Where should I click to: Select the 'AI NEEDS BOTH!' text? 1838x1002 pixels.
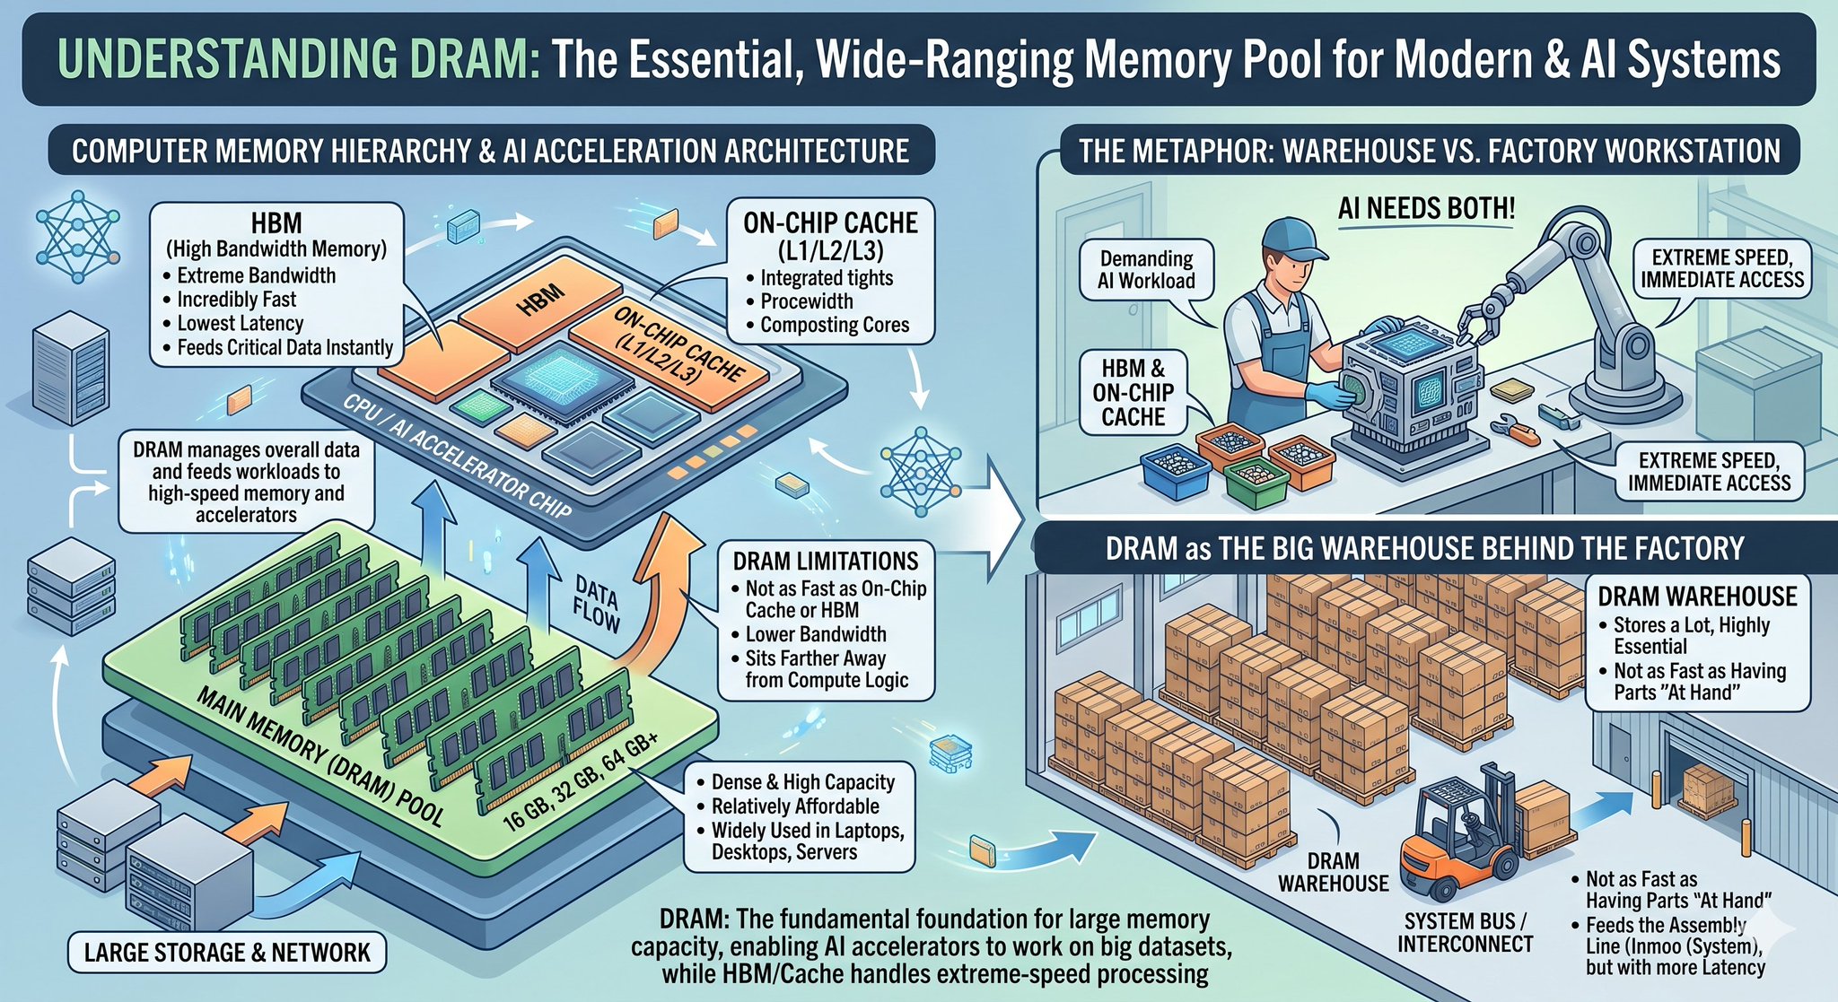coord(1426,208)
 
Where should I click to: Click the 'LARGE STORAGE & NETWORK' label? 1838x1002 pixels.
coord(227,953)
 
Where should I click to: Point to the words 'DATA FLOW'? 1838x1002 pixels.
coord(596,605)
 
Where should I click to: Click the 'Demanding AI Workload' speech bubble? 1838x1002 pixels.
coord(1146,270)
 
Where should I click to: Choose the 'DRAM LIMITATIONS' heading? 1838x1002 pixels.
coord(826,562)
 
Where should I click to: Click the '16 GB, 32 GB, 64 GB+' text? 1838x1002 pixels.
coord(580,780)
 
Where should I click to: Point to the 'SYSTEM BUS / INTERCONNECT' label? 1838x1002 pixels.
coord(1465,932)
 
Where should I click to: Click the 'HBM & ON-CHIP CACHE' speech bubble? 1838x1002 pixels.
coord(1133,393)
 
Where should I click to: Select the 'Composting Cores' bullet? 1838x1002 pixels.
coord(827,325)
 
